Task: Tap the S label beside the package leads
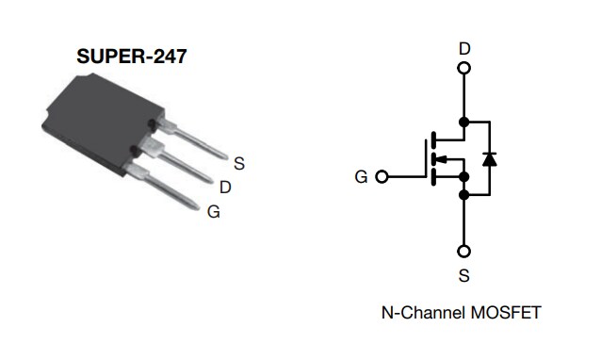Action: [239, 163]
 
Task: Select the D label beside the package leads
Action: [225, 187]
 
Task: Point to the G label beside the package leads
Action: [214, 211]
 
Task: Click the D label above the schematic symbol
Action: [463, 48]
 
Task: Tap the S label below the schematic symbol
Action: [463, 276]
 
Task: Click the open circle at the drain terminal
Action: [463, 68]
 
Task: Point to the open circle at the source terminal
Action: [463, 252]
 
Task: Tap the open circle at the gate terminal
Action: [382, 176]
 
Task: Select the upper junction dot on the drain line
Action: [463, 122]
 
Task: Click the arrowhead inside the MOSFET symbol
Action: [443, 158]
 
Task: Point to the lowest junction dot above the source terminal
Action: [463, 194]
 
